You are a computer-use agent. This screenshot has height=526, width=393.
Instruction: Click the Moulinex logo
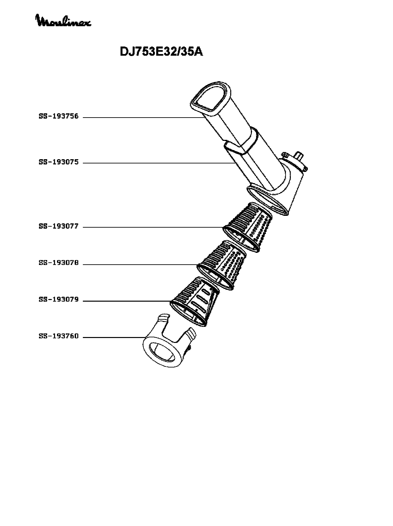click(x=64, y=21)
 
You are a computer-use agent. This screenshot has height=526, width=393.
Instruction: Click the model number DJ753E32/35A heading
click(x=161, y=51)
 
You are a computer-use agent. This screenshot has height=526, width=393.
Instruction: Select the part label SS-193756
click(x=59, y=116)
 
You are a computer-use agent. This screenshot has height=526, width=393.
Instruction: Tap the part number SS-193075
click(x=59, y=162)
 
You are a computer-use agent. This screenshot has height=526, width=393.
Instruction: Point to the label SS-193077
click(x=59, y=226)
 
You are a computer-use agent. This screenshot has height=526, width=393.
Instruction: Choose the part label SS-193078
click(x=59, y=263)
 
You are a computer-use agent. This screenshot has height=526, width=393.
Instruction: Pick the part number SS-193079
click(x=59, y=300)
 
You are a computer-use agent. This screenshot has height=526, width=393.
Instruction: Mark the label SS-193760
click(x=59, y=336)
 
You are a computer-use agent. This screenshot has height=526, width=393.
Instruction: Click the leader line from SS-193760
click(x=114, y=337)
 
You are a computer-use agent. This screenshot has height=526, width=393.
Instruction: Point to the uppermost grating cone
click(x=248, y=227)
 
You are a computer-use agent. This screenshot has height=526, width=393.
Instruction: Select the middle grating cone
click(x=222, y=265)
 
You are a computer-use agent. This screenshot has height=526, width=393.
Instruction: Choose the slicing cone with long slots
click(x=195, y=302)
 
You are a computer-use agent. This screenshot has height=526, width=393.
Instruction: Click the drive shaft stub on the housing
click(x=299, y=156)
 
